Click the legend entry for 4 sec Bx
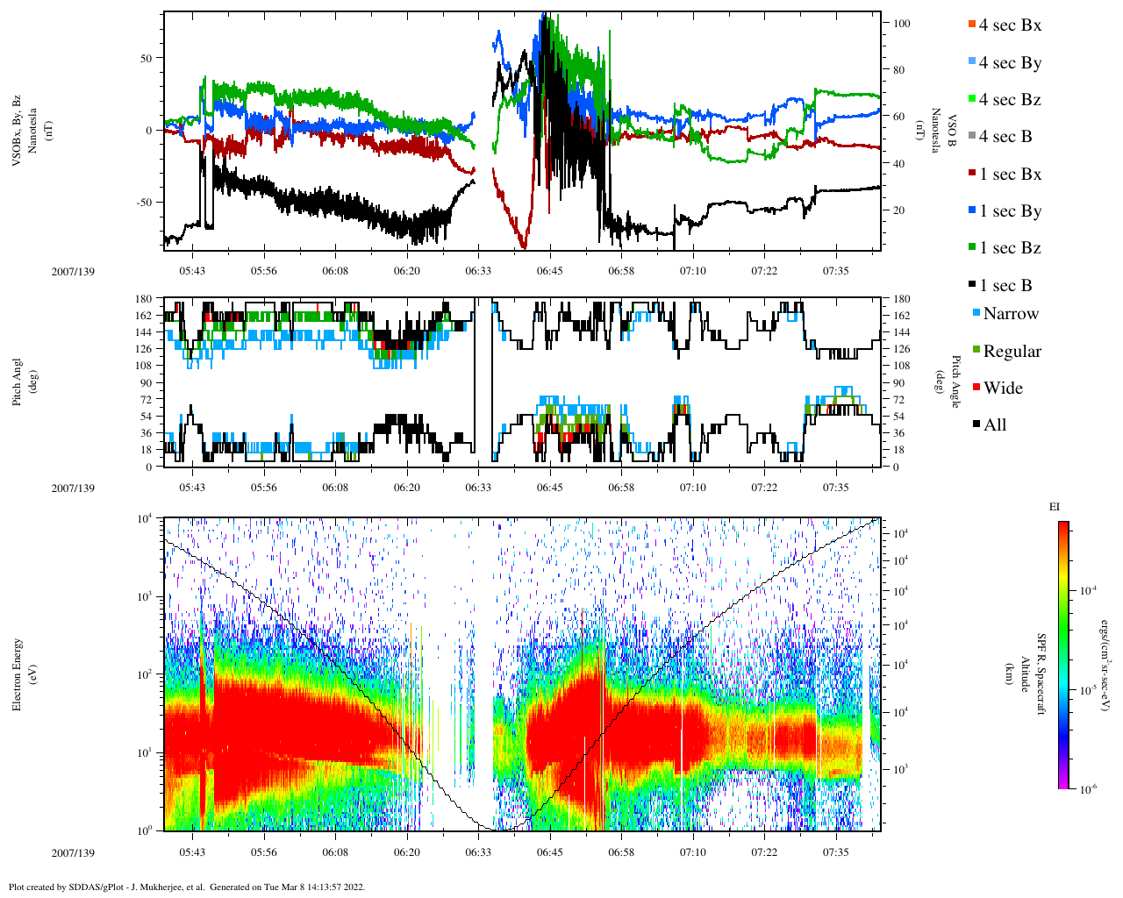[x=1010, y=25]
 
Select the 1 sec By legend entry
[x=1010, y=211]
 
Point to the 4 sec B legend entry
[x=1005, y=137]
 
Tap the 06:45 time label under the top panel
[x=550, y=271]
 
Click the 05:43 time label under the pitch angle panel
[x=192, y=488]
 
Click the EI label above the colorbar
[x=1055, y=507]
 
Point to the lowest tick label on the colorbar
[x=1084, y=789]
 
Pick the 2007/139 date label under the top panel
[x=73, y=271]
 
